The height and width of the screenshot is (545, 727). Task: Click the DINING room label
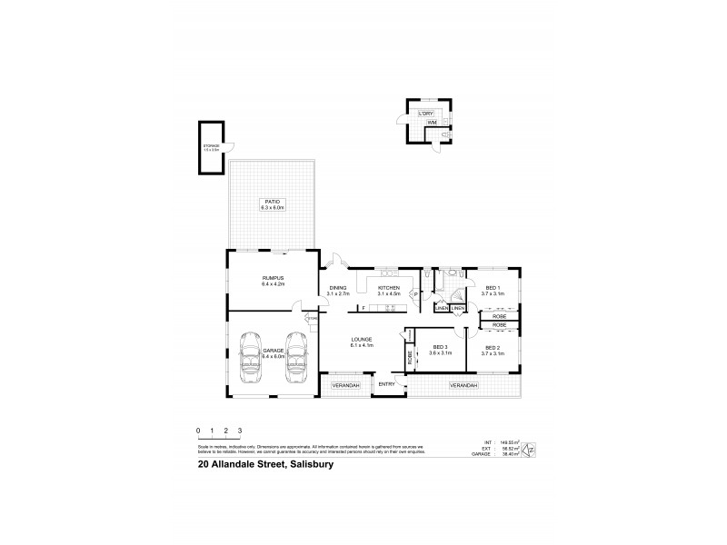click(x=338, y=287)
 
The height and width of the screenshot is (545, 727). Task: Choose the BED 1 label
click(x=493, y=287)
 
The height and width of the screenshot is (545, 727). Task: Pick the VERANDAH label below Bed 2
click(x=463, y=385)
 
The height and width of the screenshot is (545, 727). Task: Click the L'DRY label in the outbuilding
click(x=424, y=113)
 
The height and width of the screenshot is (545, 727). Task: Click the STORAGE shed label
click(x=211, y=145)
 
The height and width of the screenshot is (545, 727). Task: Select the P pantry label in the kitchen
click(x=414, y=294)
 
